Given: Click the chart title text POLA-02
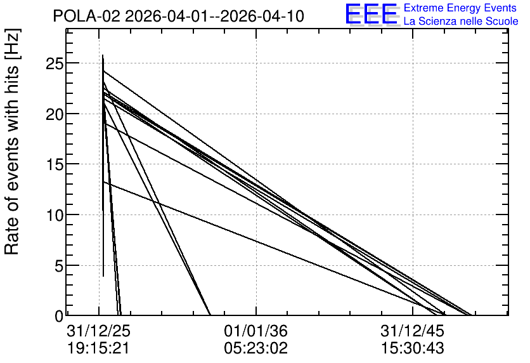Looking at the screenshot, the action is (x=86, y=16).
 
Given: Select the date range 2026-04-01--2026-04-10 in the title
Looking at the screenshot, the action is (x=215, y=16).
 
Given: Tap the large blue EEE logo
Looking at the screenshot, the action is (x=371, y=14).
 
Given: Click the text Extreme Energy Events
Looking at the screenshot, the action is (x=460, y=8).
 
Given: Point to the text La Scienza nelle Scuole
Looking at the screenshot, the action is (x=461, y=21).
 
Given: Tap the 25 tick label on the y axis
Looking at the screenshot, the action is (x=55, y=63).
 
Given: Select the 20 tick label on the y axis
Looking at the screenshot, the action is (x=55, y=114).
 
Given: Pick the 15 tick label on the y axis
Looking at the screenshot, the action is (x=55, y=164).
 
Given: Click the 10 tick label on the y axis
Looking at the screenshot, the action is (x=55, y=215).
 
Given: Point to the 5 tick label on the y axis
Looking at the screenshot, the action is (x=59, y=266).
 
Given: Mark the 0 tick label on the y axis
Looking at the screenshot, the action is (x=59, y=316).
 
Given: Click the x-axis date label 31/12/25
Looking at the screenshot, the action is (x=99, y=331).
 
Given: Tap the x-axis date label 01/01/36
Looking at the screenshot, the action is (x=256, y=331).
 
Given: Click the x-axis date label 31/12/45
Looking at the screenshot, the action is (x=413, y=331).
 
